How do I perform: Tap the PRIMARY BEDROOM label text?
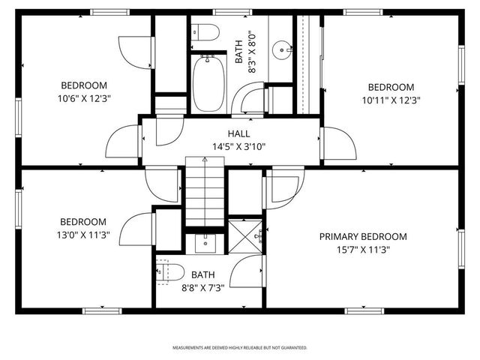(363, 236)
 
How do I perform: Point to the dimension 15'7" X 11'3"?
(363, 249)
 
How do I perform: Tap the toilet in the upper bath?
(204, 32)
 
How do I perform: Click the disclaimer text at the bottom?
(240, 348)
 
